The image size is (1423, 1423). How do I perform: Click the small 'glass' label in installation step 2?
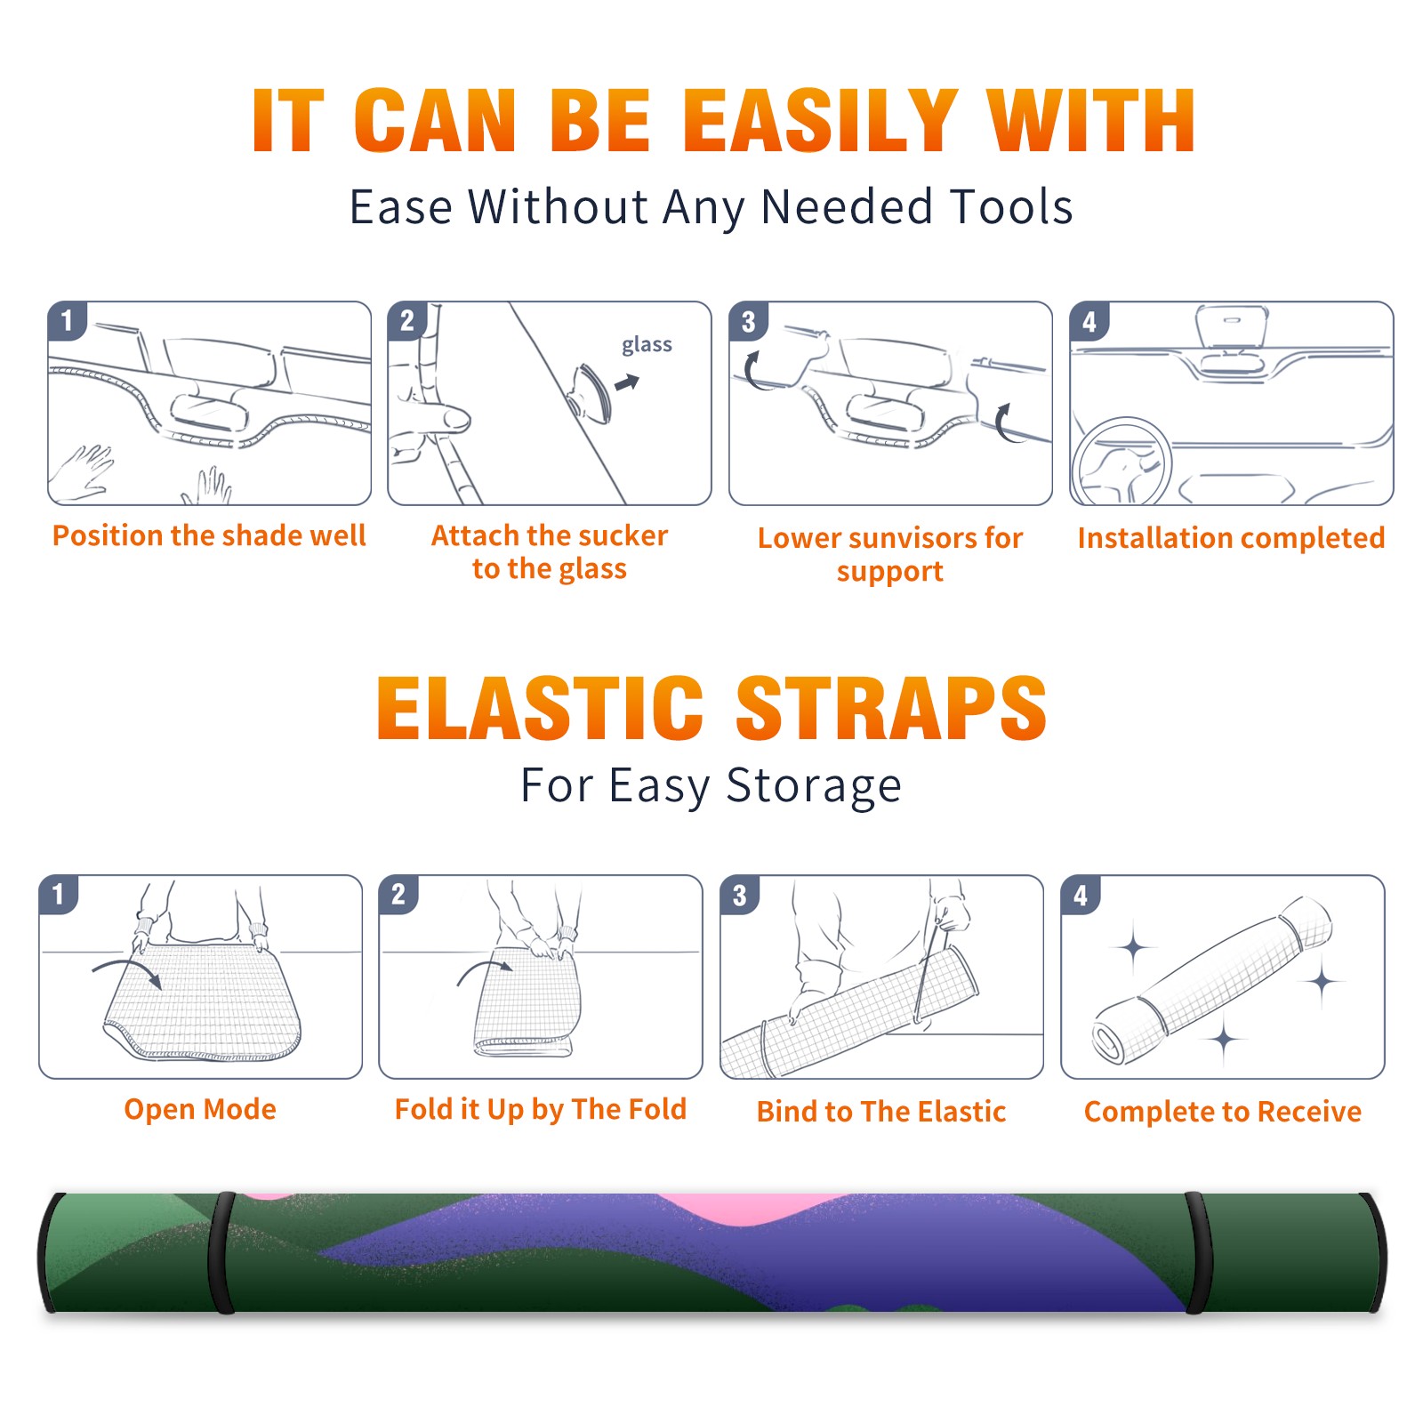(x=647, y=345)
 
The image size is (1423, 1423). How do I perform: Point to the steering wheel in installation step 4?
(x=1121, y=461)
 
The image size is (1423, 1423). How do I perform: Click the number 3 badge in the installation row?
(x=748, y=321)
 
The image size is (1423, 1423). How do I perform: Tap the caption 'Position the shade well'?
(x=209, y=535)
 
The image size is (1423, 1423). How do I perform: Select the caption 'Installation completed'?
(x=1231, y=538)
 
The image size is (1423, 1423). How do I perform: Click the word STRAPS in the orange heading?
(x=891, y=708)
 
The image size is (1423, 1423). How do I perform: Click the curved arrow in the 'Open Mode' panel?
(x=127, y=970)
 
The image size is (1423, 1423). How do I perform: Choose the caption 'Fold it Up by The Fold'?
(x=541, y=1110)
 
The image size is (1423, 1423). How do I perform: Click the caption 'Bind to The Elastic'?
(x=881, y=1112)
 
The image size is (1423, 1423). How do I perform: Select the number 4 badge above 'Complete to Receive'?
(x=1081, y=895)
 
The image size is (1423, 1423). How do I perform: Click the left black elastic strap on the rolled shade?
(x=221, y=1252)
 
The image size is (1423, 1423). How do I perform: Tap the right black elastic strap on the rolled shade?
(x=1199, y=1252)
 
